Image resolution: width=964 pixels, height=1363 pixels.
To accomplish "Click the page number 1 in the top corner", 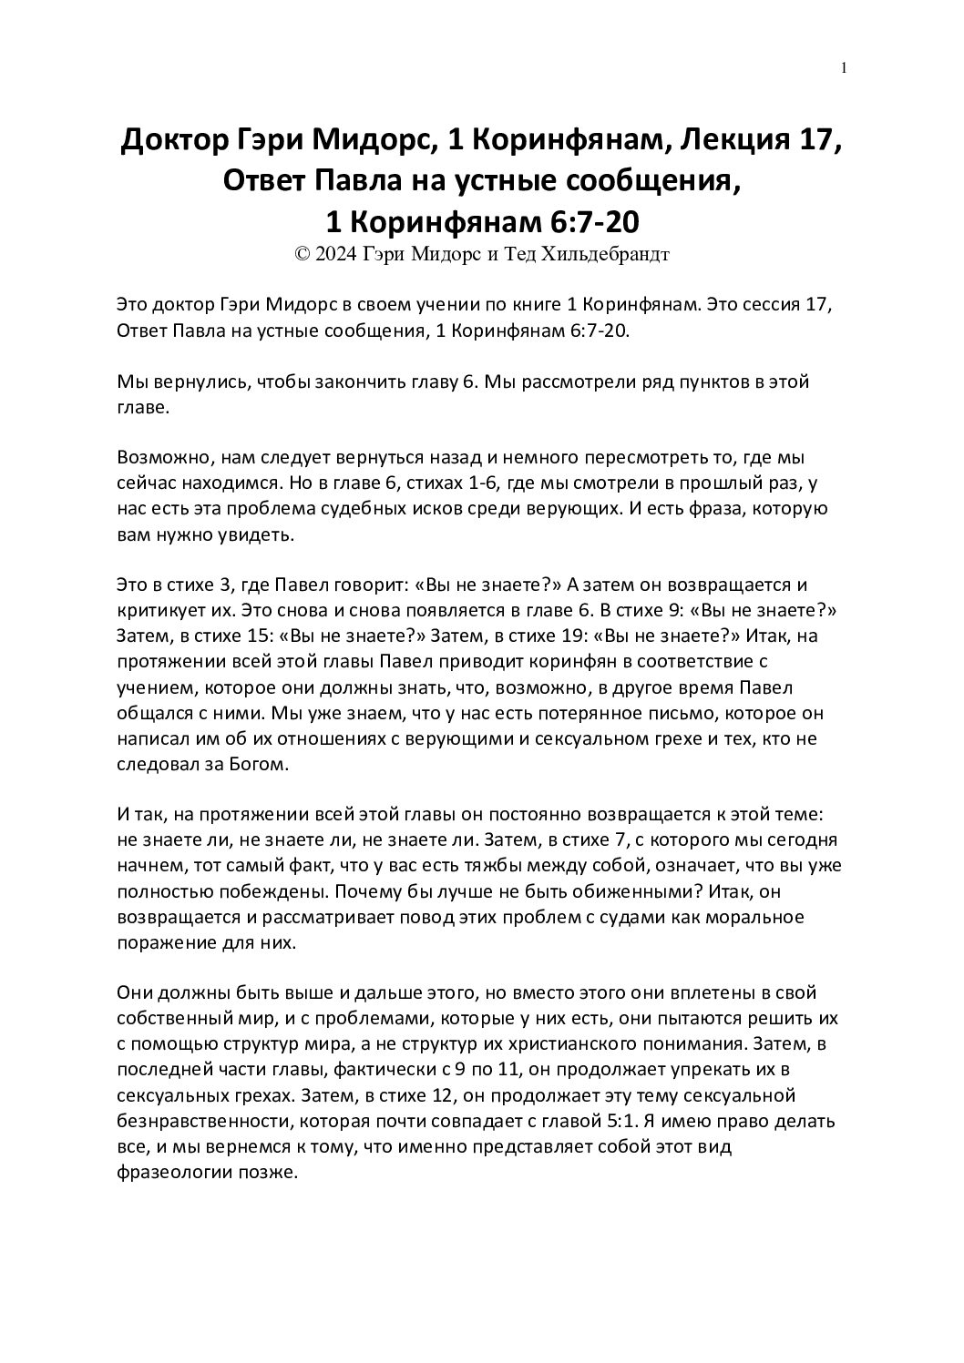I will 845,67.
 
